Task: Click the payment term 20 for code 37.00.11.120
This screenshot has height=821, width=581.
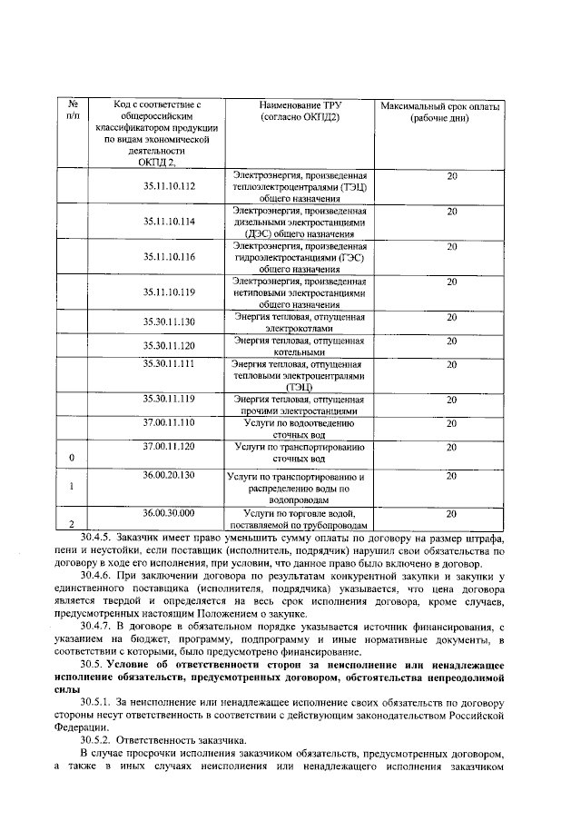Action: click(451, 447)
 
